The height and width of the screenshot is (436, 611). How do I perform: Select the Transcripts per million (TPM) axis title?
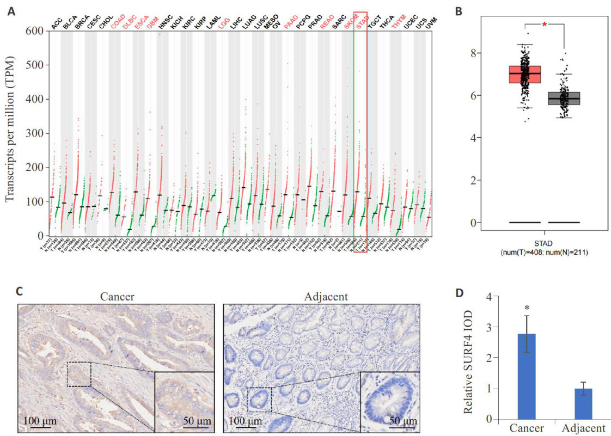pos(10,133)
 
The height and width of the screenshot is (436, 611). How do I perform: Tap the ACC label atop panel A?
pos(57,23)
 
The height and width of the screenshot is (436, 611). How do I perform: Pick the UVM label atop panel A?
pos(432,23)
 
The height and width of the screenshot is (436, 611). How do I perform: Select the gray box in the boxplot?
pos(563,98)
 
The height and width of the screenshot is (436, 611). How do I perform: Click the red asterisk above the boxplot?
pos(544,24)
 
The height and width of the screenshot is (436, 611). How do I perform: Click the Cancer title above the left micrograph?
pos(117,296)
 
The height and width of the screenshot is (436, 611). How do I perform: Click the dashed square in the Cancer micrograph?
pos(79,374)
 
